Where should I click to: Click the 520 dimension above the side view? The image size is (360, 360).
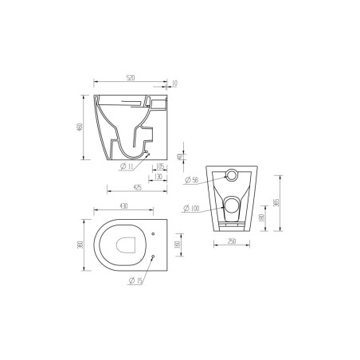(x=131, y=78)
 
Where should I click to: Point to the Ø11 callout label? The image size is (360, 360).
(x=127, y=167)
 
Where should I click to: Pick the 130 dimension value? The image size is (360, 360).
(x=159, y=178)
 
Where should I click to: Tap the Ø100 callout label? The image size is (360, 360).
(x=191, y=209)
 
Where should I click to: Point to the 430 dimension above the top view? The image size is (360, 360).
(x=123, y=206)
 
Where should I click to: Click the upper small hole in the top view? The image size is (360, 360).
(x=152, y=233)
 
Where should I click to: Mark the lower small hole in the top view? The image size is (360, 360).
(x=151, y=259)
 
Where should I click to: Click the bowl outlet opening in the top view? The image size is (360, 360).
(x=123, y=246)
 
